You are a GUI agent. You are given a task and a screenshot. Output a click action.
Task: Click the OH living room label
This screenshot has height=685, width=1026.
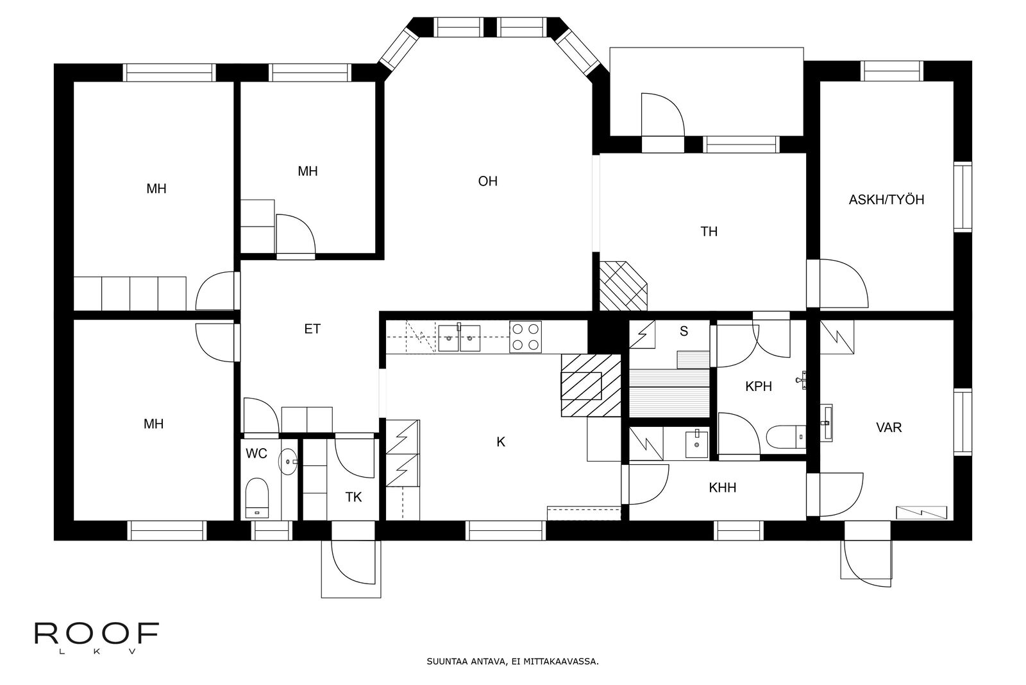(x=487, y=181)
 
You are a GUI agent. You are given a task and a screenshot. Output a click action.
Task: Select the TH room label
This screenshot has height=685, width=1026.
(x=709, y=232)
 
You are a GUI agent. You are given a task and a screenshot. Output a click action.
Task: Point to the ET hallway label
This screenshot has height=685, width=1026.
(x=312, y=329)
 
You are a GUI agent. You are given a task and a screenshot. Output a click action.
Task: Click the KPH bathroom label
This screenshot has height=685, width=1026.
(x=759, y=386)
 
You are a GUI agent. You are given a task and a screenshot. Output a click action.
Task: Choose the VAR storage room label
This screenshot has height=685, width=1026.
(x=889, y=428)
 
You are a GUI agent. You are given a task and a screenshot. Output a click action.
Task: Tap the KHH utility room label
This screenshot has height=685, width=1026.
(x=722, y=487)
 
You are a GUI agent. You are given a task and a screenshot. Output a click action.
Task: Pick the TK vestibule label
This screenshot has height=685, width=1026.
(x=353, y=497)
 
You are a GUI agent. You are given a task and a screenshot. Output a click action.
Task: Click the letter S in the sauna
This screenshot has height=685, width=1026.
(x=684, y=331)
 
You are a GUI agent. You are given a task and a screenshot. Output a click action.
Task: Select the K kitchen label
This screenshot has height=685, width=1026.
(x=501, y=442)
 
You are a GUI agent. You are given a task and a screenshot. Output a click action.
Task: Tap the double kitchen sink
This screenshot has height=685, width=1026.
(x=459, y=338)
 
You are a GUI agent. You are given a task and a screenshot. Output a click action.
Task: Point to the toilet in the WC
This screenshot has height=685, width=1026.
(x=256, y=498)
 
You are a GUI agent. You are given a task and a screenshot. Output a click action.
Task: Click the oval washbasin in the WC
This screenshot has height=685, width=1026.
(x=288, y=461)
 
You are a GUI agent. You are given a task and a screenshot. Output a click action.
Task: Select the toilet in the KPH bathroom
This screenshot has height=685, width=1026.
(x=786, y=437)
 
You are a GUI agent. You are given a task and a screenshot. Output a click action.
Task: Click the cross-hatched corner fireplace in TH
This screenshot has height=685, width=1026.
(x=623, y=286)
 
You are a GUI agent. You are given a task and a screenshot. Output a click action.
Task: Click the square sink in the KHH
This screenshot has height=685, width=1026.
(x=696, y=444)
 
